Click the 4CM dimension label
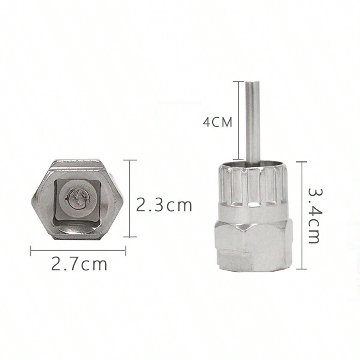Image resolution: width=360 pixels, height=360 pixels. click(x=218, y=122)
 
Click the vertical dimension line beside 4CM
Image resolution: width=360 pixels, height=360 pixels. click(x=239, y=120)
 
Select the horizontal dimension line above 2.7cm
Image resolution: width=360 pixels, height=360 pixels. click(x=78, y=251)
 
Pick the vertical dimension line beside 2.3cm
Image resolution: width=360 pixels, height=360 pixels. click(x=130, y=198)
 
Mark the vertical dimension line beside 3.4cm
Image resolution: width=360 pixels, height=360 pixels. click(x=302, y=215)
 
